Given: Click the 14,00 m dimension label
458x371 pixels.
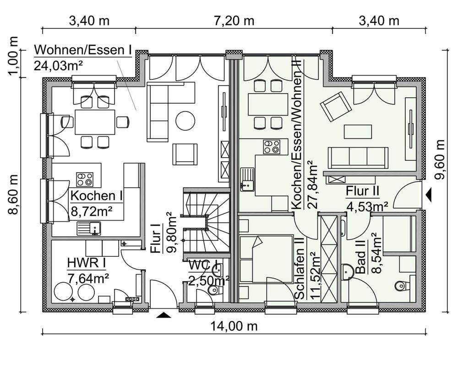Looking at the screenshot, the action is click(x=234, y=326).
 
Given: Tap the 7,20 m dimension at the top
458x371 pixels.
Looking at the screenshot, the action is click(x=234, y=21).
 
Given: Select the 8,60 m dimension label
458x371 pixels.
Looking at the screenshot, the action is click(x=14, y=195).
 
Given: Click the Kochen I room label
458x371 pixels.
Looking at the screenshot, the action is click(x=96, y=196).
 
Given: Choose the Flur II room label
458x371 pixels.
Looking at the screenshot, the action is click(x=362, y=191).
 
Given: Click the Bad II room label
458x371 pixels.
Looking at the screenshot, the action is click(x=361, y=257).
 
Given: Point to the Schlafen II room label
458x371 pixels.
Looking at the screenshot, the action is click(x=300, y=268).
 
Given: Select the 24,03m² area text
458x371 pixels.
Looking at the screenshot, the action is click(x=58, y=66).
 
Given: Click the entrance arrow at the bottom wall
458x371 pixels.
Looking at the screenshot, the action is click(x=164, y=315).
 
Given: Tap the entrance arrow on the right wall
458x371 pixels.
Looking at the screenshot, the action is click(x=429, y=195).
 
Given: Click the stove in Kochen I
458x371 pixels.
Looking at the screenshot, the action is click(x=85, y=179).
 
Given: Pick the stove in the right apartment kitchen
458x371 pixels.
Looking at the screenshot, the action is click(x=272, y=147).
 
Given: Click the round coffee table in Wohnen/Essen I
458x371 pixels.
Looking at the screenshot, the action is click(x=185, y=121).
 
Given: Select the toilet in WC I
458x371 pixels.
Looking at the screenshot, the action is click(x=213, y=290).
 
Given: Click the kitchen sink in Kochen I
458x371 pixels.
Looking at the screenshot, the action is click(x=89, y=228).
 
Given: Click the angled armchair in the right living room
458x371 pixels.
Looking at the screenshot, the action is click(x=336, y=106).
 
